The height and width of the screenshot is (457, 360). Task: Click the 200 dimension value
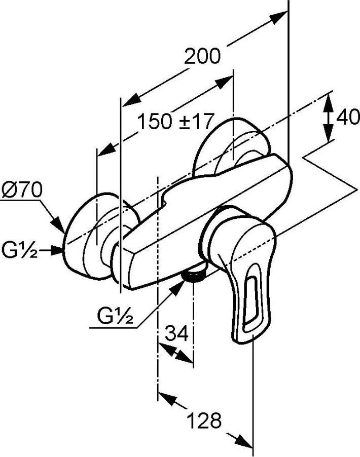[x=202, y=57]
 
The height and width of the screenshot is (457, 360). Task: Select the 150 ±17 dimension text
[x=175, y=122]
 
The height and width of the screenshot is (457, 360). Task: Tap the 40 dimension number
[x=347, y=118]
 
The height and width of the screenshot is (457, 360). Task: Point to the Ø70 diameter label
[x=22, y=190]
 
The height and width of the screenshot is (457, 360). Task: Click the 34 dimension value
[x=177, y=333]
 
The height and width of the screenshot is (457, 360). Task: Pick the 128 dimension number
[x=204, y=421]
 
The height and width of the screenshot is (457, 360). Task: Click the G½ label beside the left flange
[x=19, y=250]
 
